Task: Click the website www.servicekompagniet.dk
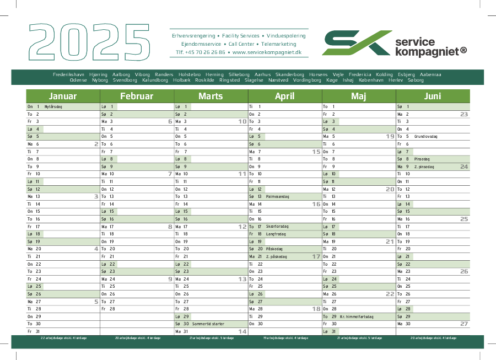[x=267, y=52]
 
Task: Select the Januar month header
[x=63, y=96]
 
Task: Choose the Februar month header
[x=137, y=96]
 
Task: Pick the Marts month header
[x=211, y=96]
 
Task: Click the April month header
[x=284, y=96]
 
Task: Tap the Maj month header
[x=358, y=96]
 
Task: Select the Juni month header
[x=433, y=96]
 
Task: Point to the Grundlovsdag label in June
[x=425, y=136]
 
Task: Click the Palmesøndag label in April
[x=277, y=196]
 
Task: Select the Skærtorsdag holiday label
[x=277, y=226]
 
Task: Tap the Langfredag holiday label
[x=276, y=234]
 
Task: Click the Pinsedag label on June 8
[x=422, y=159]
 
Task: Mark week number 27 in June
[x=464, y=324]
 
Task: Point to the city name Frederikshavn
[x=69, y=74]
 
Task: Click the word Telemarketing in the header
[x=279, y=44]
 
